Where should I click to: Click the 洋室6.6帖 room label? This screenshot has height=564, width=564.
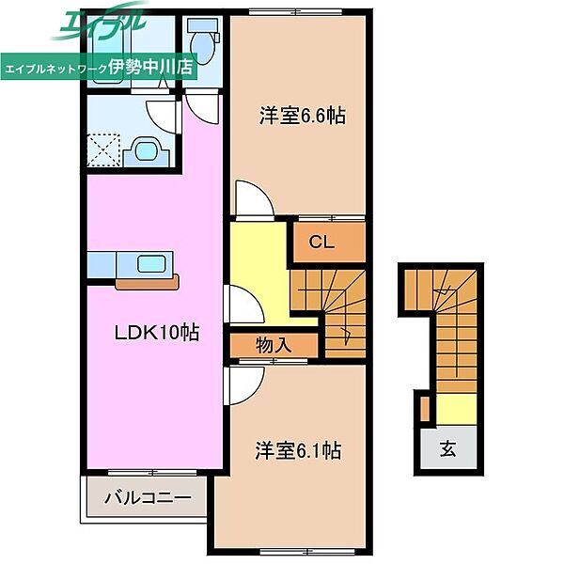302,116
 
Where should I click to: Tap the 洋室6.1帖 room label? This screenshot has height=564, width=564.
298,450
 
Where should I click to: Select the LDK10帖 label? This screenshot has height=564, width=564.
156,333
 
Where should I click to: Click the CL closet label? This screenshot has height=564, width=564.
321,242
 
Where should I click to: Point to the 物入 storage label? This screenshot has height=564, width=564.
274,345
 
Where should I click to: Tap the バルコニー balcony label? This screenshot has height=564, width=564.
148,498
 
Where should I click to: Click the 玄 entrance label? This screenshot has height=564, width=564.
448,448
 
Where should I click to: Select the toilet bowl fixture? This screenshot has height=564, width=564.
204,42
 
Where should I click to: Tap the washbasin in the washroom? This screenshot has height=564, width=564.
147,150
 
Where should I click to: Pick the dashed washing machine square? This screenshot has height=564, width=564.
104,150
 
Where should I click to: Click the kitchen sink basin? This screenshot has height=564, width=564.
151,264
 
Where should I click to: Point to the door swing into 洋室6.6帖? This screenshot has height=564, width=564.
255,199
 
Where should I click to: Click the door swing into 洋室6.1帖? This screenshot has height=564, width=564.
244,384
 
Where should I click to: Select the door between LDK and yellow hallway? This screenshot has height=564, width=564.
244,305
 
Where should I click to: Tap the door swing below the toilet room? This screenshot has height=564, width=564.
202,109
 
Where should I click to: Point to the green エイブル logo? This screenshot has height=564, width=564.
99,22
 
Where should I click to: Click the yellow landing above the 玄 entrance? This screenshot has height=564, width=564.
457,409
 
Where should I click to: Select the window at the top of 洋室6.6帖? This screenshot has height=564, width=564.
296,12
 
